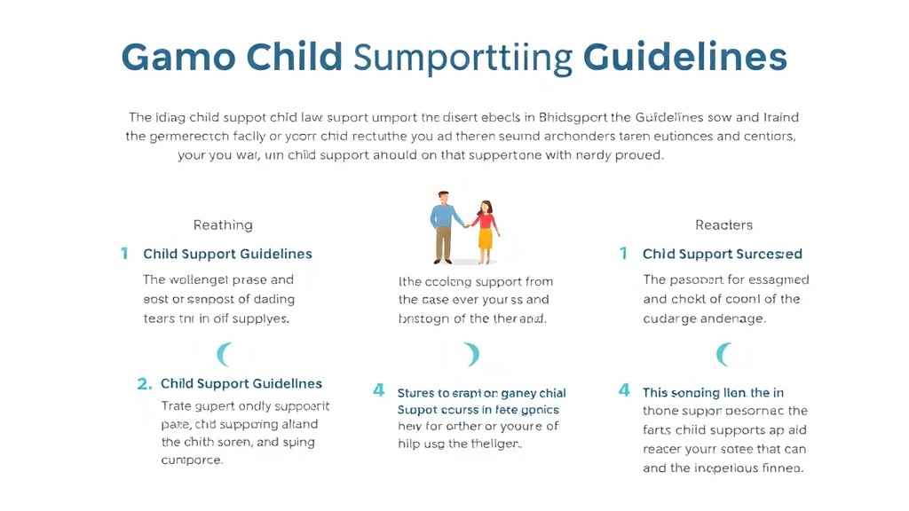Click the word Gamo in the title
pos(178,57)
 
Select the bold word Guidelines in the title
pos(685,57)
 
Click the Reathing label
pos(223,225)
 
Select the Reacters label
pos(723,225)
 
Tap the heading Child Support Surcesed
pos(723,254)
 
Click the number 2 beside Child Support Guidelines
pos(144,384)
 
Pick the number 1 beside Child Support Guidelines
pos(124,254)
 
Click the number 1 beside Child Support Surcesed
pos(624,254)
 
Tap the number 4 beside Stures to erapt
pos(379,390)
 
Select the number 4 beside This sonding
pos(624,390)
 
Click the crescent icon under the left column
pos(225,355)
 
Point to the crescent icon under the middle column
pos(472,355)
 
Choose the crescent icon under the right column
pos(723,355)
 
